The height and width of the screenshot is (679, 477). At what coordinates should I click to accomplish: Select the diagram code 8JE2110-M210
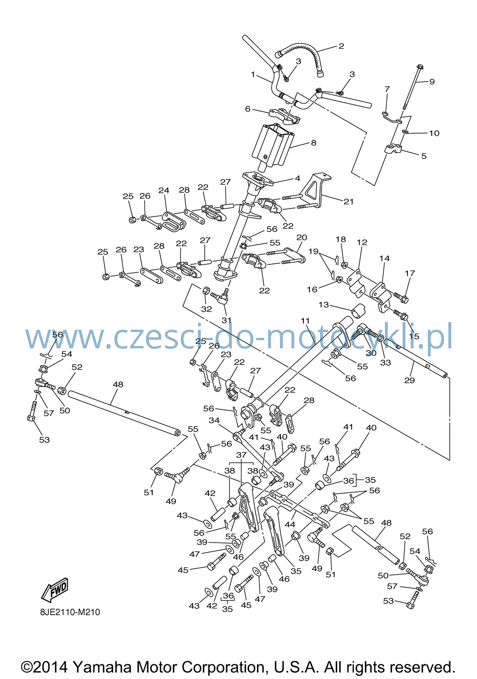tap(70, 612)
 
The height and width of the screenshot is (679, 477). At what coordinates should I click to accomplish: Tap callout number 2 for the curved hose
tap(341, 46)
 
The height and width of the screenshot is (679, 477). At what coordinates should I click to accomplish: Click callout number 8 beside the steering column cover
tap(313, 143)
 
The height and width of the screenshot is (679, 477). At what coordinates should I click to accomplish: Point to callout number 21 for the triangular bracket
tap(349, 201)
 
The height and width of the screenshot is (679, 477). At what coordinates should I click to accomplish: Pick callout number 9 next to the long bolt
tap(432, 82)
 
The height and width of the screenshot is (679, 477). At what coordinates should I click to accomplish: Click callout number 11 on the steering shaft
tap(305, 321)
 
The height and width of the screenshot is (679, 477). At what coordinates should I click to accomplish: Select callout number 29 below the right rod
tap(409, 380)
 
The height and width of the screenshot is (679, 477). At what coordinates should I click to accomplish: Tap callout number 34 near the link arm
tap(214, 420)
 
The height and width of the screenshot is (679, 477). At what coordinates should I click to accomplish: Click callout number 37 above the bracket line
tap(241, 455)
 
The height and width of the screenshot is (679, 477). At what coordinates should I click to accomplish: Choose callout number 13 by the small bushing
tap(324, 304)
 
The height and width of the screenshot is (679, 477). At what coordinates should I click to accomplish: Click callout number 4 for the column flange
tap(297, 178)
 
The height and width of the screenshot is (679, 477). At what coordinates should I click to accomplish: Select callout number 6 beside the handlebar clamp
tap(248, 108)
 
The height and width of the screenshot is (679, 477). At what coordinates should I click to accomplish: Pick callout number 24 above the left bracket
tap(164, 190)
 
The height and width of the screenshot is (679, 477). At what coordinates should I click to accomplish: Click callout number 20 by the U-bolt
tap(302, 237)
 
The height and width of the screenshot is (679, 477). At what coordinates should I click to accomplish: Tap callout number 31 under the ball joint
tap(227, 320)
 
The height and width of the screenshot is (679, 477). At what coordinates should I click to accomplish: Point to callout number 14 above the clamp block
tap(384, 258)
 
